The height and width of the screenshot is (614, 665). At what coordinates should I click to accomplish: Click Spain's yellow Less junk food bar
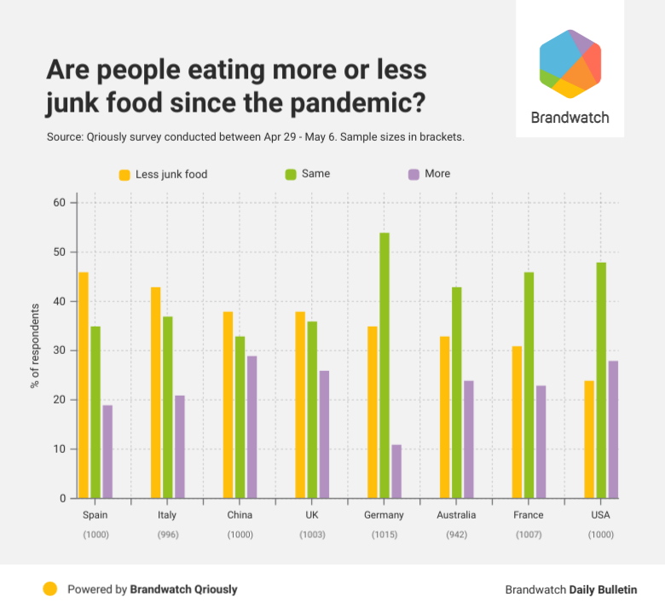click(84, 385)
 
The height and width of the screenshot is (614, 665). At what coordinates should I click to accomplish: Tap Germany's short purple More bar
click(396, 471)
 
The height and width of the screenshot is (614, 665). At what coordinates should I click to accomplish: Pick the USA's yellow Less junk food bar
click(589, 439)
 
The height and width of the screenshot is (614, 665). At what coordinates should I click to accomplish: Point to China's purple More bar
click(252, 426)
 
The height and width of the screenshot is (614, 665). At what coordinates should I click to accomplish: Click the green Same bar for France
click(529, 385)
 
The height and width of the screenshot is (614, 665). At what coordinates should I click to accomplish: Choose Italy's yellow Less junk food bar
click(156, 392)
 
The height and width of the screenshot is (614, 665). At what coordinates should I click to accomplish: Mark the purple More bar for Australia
click(468, 439)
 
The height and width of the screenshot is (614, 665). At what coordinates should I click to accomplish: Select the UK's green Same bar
click(312, 409)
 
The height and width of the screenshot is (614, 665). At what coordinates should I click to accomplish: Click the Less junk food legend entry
click(171, 174)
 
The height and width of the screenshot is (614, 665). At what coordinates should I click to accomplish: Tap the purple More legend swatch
click(414, 174)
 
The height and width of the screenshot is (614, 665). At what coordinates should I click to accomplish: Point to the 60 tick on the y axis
click(59, 203)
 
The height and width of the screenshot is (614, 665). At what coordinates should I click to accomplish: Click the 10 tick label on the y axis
click(59, 449)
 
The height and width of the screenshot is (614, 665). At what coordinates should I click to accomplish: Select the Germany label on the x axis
click(384, 515)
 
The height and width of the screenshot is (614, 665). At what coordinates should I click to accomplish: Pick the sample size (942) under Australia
click(455, 534)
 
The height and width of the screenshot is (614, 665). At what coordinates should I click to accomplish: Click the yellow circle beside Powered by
click(50, 588)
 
